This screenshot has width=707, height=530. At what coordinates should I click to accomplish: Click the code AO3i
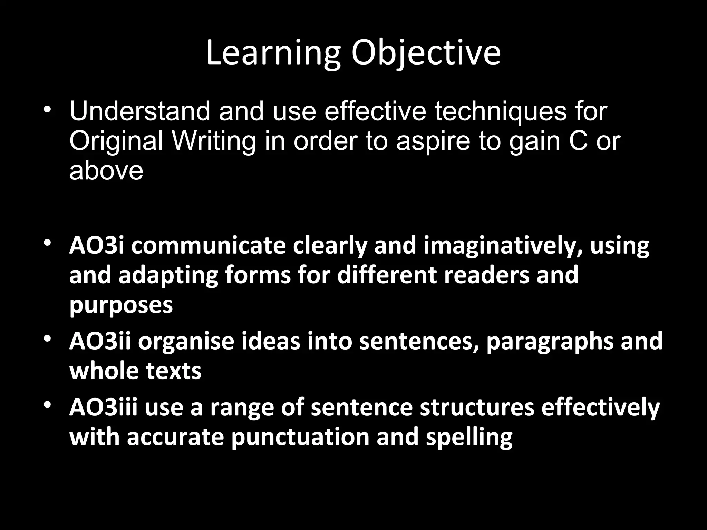[x=96, y=245]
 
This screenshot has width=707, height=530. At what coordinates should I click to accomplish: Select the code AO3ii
[x=100, y=341]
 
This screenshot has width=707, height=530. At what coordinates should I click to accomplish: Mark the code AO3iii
[x=104, y=407]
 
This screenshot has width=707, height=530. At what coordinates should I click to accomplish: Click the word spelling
[x=469, y=438]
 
